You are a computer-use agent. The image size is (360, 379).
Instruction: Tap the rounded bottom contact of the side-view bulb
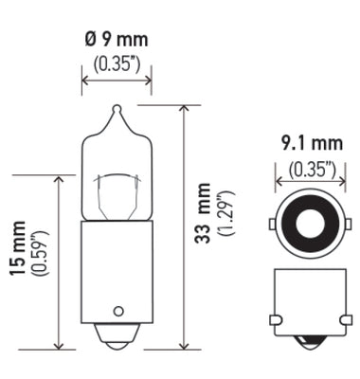tap(117, 337)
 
